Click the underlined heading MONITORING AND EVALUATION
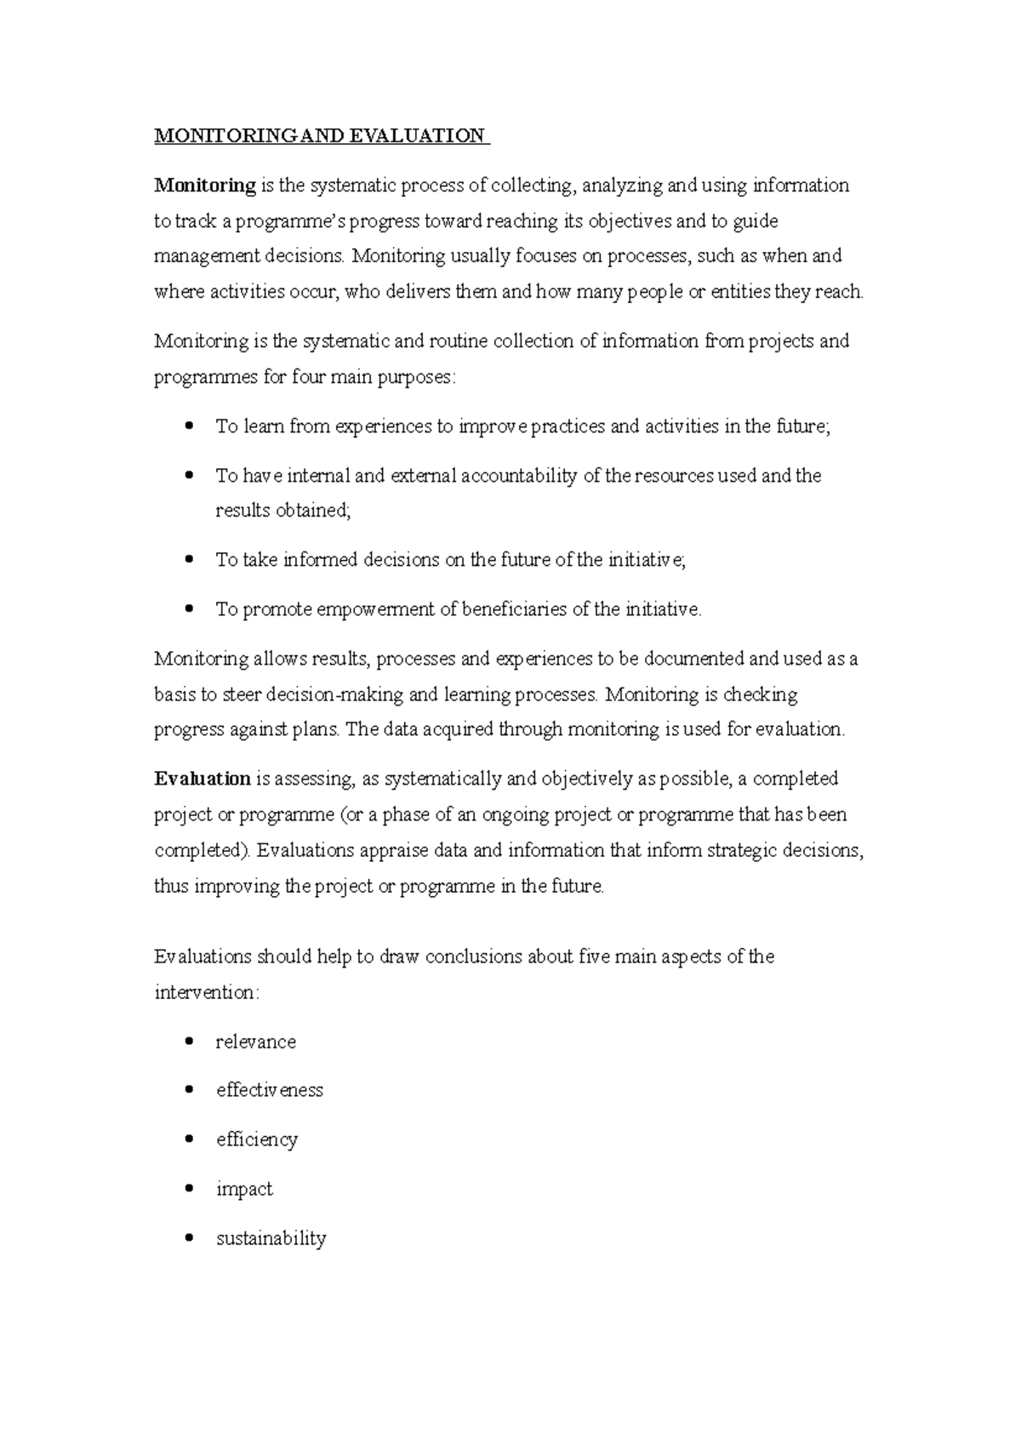point(320,136)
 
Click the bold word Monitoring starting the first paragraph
point(204,186)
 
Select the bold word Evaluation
point(202,779)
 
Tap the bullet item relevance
point(255,1042)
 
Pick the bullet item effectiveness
point(269,1090)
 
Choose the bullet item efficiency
point(256,1139)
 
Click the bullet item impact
point(244,1189)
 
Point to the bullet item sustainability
point(271,1238)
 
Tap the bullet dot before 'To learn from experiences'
point(190,426)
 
